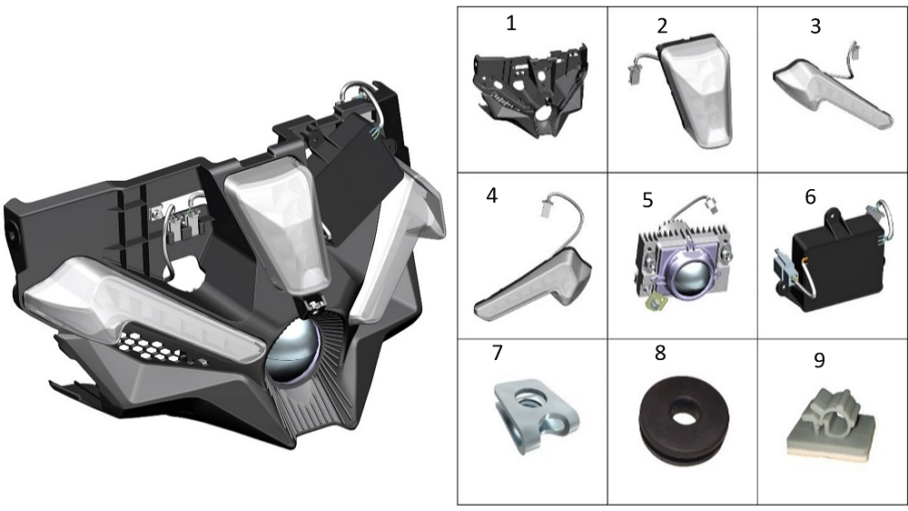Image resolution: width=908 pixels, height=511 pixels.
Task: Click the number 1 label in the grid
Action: tap(510, 24)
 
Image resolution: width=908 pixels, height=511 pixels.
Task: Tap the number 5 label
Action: tap(647, 200)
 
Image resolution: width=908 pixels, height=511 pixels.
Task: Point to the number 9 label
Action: tap(819, 360)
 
